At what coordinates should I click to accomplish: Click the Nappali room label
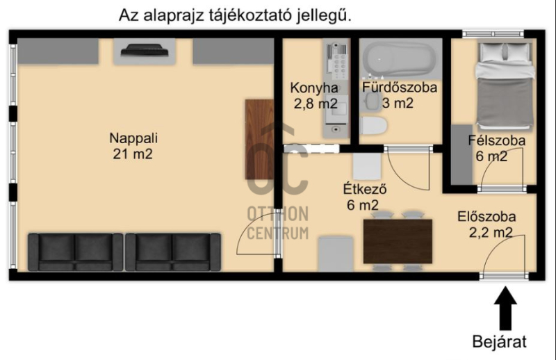(133, 138)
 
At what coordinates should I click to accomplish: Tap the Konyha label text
(314, 88)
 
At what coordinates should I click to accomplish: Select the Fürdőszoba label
(400, 88)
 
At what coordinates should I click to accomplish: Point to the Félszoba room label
(496, 140)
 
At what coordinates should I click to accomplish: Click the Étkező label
(364, 189)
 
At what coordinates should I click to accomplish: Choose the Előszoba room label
(486, 216)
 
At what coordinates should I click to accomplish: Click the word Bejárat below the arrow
(499, 341)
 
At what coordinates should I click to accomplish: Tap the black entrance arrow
(505, 308)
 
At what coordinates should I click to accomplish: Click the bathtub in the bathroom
(401, 58)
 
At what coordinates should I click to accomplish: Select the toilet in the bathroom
(373, 126)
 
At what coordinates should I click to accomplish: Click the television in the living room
(145, 50)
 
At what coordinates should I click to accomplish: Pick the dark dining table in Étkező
(398, 241)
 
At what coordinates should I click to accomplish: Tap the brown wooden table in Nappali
(259, 139)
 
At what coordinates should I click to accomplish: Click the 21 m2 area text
(133, 154)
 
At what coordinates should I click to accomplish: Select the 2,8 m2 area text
(316, 104)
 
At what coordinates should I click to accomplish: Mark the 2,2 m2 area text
(491, 233)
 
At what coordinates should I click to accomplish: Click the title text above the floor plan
(235, 16)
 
